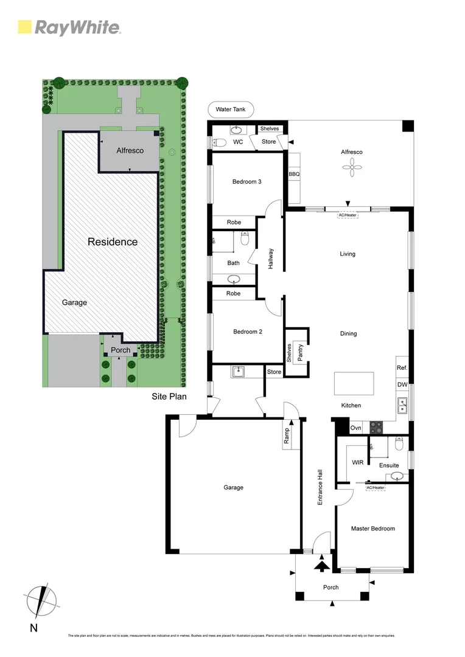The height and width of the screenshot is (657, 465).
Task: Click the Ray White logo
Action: pyautogui.click(x=69, y=27)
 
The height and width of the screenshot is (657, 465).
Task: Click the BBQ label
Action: pyautogui.click(x=295, y=174)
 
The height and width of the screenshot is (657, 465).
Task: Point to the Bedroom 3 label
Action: pyautogui.click(x=247, y=181)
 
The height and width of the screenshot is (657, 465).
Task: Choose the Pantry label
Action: pyautogui.click(x=300, y=353)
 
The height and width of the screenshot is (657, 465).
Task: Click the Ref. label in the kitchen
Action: pyautogui.click(x=402, y=368)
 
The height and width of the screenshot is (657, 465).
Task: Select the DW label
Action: pyautogui.click(x=402, y=384)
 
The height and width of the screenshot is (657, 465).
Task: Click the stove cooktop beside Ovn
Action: pyautogui.click(x=376, y=428)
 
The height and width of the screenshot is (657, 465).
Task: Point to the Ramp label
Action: pyautogui.click(x=287, y=435)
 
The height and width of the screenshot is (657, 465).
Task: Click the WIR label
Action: pyautogui.click(x=358, y=462)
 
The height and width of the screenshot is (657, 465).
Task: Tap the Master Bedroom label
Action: pyautogui.click(x=372, y=529)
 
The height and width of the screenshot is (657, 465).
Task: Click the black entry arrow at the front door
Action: pyautogui.click(x=320, y=566)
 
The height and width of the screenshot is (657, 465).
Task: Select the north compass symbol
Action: pyautogui.click(x=41, y=600)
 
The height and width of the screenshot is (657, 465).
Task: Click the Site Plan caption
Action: pyautogui.click(x=169, y=397)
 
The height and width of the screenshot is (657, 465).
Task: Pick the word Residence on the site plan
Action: pyautogui.click(x=113, y=242)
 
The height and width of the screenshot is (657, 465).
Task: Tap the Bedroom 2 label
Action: pyautogui.click(x=247, y=332)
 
